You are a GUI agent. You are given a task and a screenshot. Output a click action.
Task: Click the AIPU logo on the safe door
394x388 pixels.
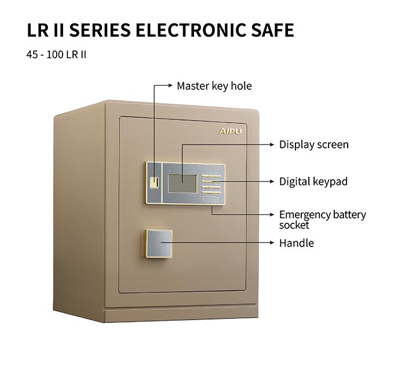click(230, 131)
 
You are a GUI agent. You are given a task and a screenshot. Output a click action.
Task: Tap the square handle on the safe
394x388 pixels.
click(158, 244)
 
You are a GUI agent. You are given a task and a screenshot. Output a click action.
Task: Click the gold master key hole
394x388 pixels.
click(154, 183)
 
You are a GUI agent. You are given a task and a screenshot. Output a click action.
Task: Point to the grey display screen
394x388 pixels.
click(183, 184)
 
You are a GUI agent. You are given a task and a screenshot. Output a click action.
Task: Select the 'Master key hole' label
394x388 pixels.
click(214, 86)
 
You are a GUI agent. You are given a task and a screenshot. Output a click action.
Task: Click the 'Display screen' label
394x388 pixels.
click(314, 144)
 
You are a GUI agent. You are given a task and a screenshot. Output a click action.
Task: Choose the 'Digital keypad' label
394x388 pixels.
click(313, 182)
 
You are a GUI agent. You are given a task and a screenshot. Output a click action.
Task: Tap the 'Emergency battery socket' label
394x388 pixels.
click(323, 220)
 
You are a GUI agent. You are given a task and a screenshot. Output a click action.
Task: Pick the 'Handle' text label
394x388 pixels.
click(297, 243)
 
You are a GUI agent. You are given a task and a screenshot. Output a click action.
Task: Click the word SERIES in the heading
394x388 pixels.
click(100, 30)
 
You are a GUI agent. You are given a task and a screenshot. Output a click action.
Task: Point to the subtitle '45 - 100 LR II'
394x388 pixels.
click(56, 55)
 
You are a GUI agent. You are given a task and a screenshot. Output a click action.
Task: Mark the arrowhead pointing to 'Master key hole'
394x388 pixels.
click(170, 85)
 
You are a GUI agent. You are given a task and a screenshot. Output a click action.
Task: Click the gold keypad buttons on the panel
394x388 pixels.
click(211, 184)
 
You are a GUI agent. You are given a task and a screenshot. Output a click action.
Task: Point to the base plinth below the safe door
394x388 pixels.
click(181, 314)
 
